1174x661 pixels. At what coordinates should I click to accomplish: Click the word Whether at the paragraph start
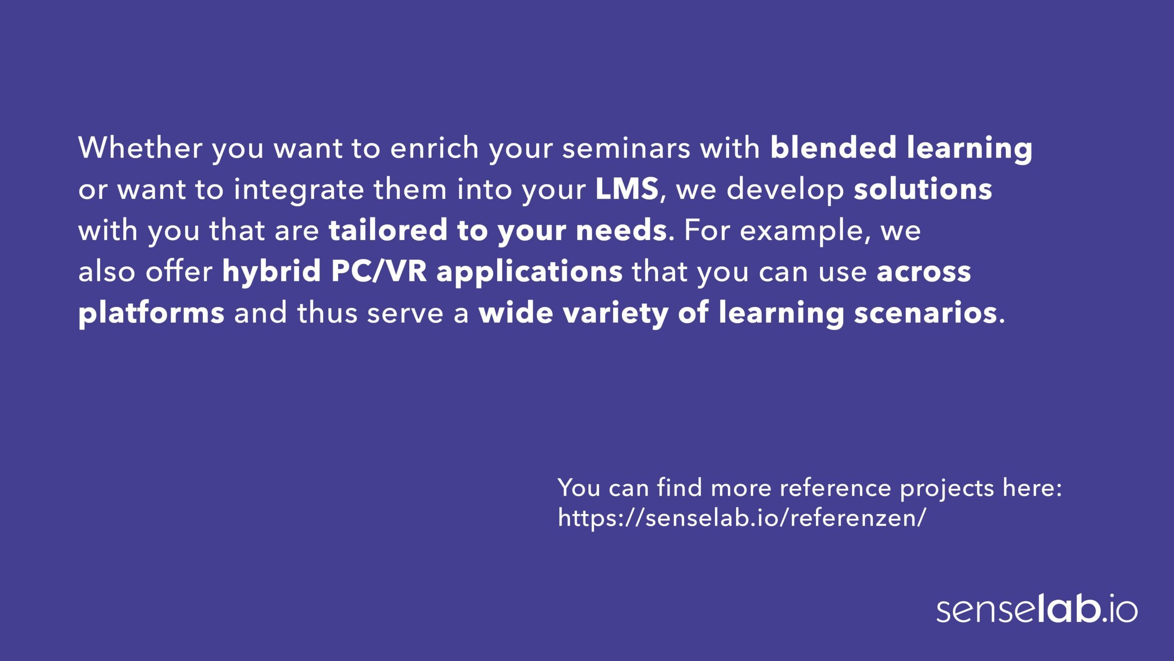(x=140, y=147)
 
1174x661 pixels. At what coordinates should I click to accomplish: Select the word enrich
(x=434, y=147)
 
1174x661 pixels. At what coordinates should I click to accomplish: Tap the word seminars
(x=626, y=148)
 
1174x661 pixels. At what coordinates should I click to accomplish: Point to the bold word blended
(x=833, y=147)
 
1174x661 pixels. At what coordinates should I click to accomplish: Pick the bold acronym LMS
(x=627, y=189)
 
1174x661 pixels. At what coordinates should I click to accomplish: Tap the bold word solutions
(x=923, y=189)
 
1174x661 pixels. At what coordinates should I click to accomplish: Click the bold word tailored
(x=388, y=230)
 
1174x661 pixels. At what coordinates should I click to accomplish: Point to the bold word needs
(x=621, y=230)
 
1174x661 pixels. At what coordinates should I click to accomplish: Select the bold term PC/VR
(x=379, y=272)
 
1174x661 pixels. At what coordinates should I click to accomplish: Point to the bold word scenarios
(x=926, y=313)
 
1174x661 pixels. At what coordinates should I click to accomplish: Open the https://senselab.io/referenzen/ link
(x=742, y=517)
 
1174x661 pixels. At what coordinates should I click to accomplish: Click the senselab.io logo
(x=1037, y=609)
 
